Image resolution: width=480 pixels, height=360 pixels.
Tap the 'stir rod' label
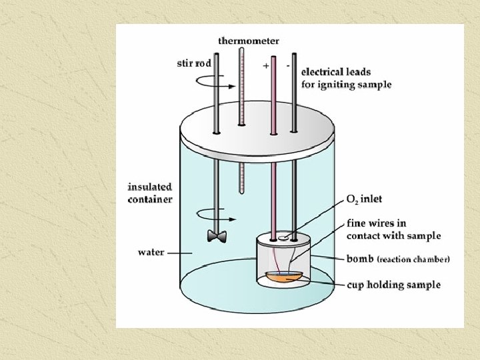195,64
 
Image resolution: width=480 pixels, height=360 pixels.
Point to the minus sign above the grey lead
287,65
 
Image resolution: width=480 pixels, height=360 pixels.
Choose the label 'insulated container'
149,193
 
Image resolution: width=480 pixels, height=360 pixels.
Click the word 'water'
151,253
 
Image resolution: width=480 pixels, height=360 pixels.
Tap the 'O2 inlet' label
364,199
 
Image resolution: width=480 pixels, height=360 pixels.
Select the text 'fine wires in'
376,223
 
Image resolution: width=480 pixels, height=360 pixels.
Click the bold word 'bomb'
361,259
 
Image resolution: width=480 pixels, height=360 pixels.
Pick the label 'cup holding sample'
393,285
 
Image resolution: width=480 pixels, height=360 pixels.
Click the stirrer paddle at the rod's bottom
216,236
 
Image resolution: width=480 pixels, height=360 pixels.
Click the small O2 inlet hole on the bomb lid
284,236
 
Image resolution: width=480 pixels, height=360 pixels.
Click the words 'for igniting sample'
346,84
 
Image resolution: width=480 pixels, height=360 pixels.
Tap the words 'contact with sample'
393,236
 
